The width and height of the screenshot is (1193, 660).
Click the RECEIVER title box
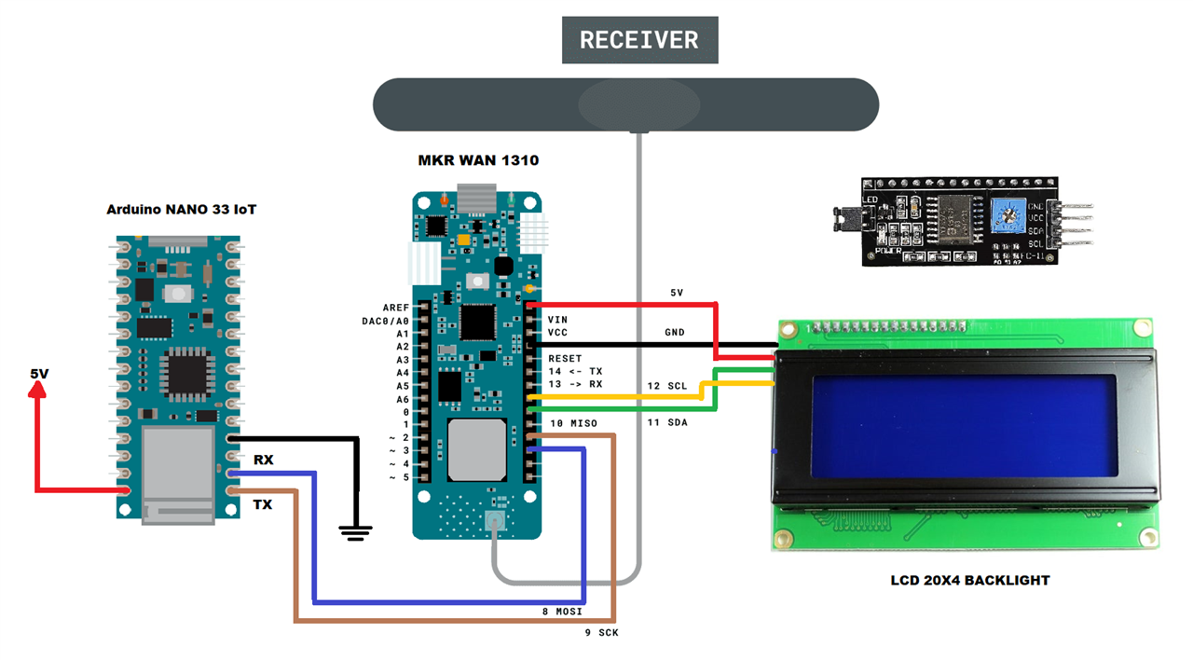point(639,40)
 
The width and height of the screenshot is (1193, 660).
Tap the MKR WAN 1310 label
point(477,160)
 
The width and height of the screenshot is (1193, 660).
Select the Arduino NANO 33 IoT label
point(181,210)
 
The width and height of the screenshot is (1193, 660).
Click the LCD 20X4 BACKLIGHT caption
point(969,580)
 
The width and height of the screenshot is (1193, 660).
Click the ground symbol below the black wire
point(355,532)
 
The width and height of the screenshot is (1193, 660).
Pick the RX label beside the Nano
point(264,461)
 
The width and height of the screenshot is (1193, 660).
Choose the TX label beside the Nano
point(264,504)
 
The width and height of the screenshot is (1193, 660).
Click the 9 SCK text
point(596,633)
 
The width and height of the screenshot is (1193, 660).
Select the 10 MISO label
point(573,424)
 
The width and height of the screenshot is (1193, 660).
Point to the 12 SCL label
point(667,386)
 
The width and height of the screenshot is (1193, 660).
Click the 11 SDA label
point(667,423)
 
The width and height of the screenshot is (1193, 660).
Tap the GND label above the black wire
point(674,333)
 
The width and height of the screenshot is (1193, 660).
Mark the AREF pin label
point(395,308)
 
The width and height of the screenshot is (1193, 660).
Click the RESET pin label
point(565,358)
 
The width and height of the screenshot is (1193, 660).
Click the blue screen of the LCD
point(964,425)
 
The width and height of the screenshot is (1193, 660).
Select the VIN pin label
point(557,320)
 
